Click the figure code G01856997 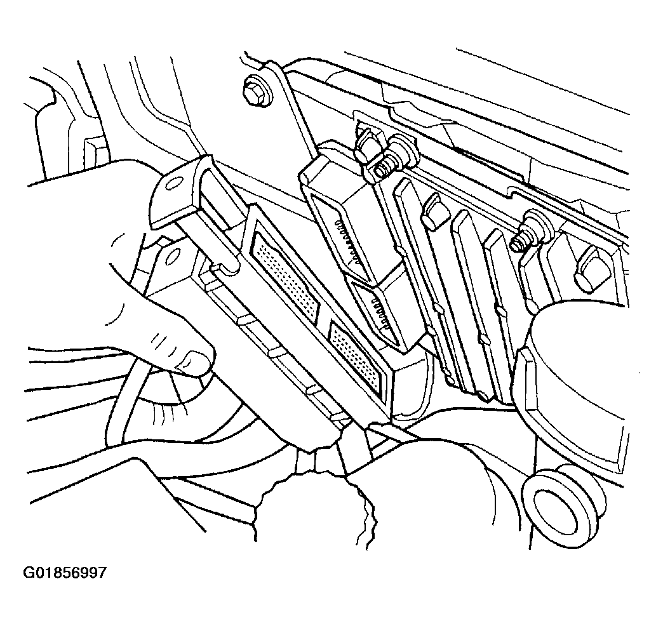(x=65, y=573)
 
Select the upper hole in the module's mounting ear (x=173, y=183)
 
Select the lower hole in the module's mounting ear (x=172, y=256)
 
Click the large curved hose (x=575, y=364)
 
